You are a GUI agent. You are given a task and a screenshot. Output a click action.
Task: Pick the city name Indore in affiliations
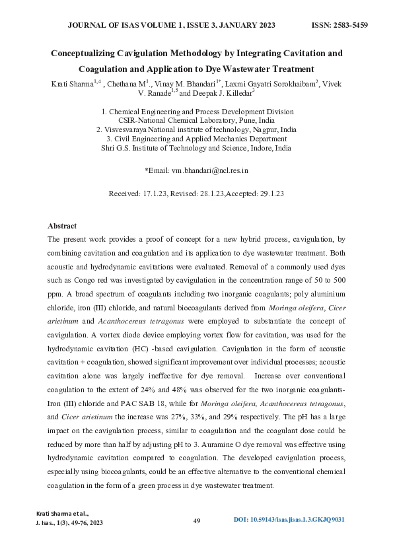pos(260,149)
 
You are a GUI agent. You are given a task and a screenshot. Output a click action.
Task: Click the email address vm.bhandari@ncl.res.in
pos(209,170)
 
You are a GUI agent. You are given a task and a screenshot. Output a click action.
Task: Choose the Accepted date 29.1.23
pos(271,194)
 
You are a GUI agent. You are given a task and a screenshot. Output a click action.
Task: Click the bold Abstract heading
pos(62,226)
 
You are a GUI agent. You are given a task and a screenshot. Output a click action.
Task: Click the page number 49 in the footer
pos(197,522)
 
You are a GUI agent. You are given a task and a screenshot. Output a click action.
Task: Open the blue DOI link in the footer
pos(290,521)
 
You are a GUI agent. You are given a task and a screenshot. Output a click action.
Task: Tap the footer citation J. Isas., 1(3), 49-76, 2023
pos(69,523)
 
